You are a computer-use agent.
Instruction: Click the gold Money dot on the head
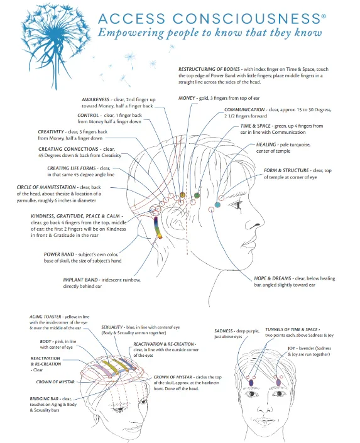[182, 195]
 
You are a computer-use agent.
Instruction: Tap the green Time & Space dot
[197, 195]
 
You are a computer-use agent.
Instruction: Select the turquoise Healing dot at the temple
[217, 205]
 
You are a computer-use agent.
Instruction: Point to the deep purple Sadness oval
[251, 383]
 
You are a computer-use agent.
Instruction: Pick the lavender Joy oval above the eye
[278, 383]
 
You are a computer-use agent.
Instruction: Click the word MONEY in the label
[187, 98]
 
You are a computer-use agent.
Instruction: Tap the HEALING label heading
[266, 145]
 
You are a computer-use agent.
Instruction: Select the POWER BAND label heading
[59, 254]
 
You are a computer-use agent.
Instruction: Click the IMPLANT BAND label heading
[80, 280]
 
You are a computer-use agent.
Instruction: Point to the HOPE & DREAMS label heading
[273, 278]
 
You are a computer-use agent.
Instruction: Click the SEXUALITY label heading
[112, 327]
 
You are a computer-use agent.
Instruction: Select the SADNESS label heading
[224, 331]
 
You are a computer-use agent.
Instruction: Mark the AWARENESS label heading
[95, 99]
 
